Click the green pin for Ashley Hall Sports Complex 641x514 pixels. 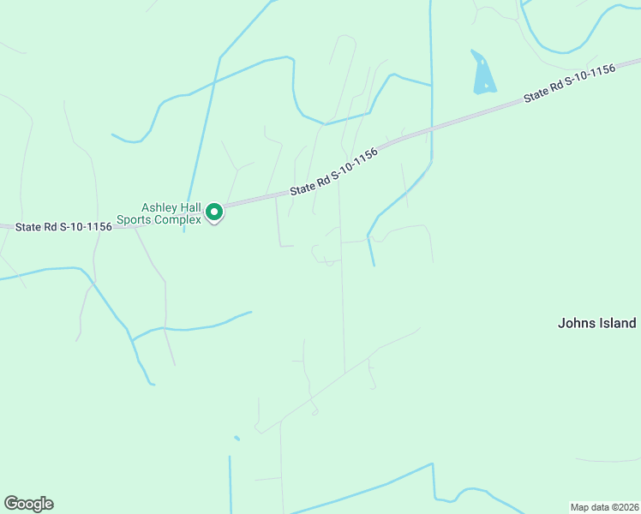point(214,212)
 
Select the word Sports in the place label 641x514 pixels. point(135,219)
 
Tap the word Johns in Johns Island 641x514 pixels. point(575,323)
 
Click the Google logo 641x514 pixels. point(28,504)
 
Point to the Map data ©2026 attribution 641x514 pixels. point(604,506)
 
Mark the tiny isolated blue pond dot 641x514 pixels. point(237,439)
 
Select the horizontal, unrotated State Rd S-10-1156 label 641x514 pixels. point(63,227)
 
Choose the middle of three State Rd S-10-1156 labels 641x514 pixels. point(333,171)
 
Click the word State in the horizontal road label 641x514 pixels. point(30,227)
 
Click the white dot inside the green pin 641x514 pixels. point(214,210)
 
